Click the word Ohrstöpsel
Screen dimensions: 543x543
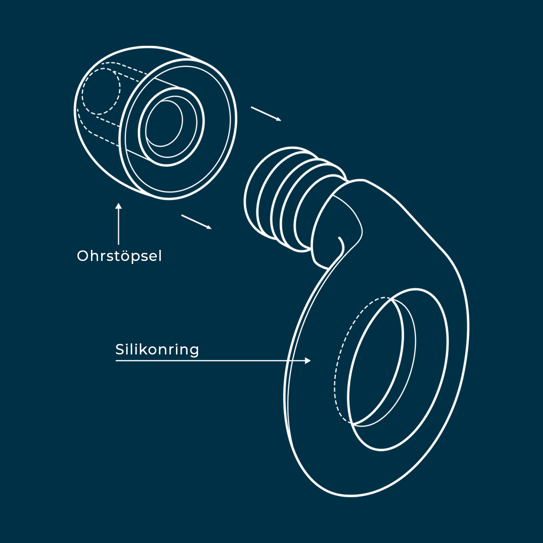tap(119, 256)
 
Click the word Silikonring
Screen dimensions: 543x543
tap(157, 350)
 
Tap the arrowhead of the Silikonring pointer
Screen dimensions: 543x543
tap(308, 361)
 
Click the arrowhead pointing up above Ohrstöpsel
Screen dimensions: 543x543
tap(119, 206)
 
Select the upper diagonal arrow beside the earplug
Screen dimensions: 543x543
tap(266, 114)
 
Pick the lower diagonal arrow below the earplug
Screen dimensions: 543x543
tap(197, 222)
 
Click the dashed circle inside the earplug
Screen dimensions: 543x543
tap(101, 92)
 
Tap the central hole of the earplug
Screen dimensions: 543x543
tap(164, 124)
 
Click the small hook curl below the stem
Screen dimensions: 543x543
tap(341, 244)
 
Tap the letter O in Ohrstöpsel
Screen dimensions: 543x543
tap(83, 256)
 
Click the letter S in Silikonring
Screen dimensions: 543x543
tap(120, 350)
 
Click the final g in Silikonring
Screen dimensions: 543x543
tap(194, 351)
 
